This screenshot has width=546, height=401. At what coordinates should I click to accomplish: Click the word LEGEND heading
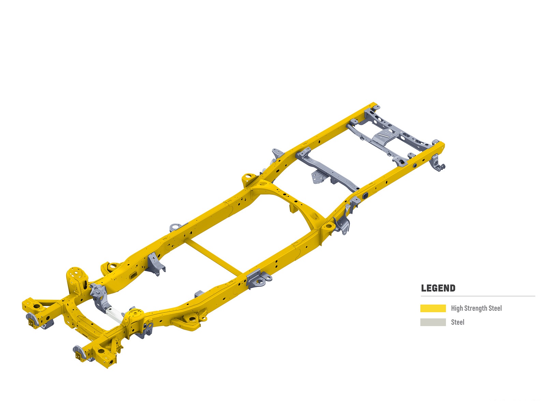click(438, 288)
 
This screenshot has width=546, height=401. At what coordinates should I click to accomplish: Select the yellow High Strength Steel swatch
click(433, 308)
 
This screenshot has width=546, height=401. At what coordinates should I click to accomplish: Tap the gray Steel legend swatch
click(433, 322)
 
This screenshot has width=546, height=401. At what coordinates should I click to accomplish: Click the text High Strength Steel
click(476, 308)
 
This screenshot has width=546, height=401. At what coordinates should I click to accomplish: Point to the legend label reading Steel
click(458, 322)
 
